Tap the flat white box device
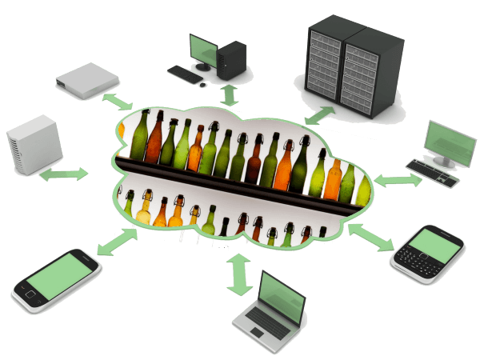(87, 79)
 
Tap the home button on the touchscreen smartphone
(30, 295)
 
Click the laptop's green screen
(282, 294)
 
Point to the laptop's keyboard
(264, 322)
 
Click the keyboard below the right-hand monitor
(433, 173)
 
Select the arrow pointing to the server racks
(319, 115)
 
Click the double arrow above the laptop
(238, 274)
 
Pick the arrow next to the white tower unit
(65, 174)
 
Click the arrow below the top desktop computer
(230, 94)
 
